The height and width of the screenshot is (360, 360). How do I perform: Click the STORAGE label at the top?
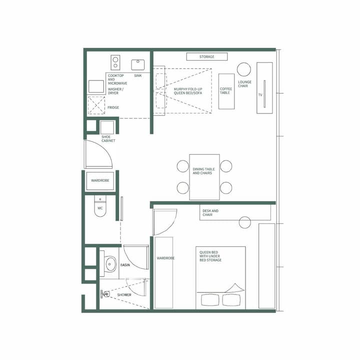point(206,57)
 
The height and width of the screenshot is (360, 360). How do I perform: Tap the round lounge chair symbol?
point(243,69)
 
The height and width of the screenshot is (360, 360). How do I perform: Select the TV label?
point(260,94)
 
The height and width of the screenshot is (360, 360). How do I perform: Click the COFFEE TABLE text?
point(226,90)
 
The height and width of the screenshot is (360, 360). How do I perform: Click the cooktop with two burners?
point(115,62)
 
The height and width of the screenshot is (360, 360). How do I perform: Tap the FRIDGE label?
point(113,107)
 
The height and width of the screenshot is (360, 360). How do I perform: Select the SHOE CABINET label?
point(108,138)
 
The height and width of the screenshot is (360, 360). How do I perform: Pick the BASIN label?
point(125,265)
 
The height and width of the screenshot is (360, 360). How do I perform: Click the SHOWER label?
point(124,295)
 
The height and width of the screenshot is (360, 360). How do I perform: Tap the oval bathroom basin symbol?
point(110,265)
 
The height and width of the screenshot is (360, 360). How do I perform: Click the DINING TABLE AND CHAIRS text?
point(202,171)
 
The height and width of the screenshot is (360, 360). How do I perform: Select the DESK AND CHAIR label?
point(210,213)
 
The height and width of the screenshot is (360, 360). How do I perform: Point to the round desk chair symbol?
point(245,222)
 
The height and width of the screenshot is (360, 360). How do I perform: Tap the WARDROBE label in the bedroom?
point(165,259)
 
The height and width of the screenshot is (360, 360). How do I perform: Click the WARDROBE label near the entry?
point(100,180)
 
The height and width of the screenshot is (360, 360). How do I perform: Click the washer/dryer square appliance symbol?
point(96,86)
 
